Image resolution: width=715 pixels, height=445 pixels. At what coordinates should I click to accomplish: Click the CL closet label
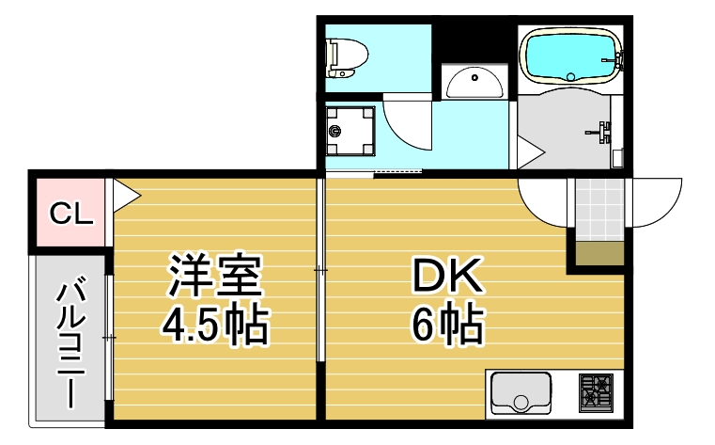71,215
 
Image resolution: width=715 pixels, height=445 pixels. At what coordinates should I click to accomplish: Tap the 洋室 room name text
215,275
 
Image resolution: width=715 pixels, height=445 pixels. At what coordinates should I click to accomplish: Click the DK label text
447,275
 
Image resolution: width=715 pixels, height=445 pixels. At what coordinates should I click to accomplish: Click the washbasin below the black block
474,84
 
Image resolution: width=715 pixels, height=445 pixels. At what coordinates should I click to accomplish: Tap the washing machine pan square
351,131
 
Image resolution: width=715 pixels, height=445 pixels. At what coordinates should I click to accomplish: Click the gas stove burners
596,392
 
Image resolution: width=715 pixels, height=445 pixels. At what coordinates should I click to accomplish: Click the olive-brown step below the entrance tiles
598,253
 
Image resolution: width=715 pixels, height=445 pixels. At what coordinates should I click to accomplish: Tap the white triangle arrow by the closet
125,196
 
